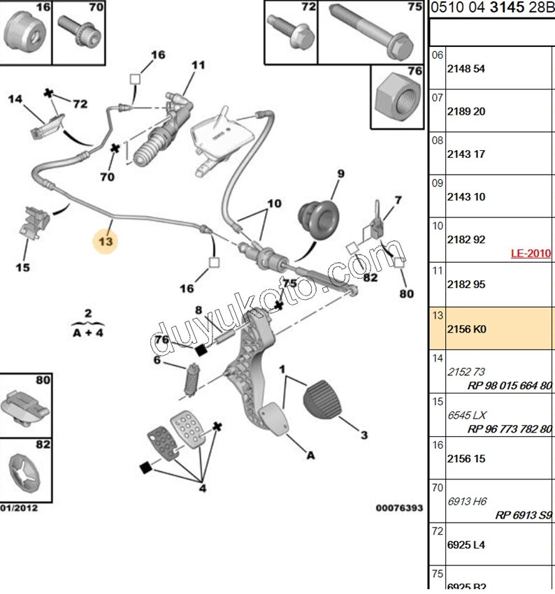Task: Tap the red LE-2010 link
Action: (531, 254)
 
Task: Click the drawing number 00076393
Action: (399, 508)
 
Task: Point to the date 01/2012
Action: (19, 508)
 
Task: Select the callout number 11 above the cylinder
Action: (199, 65)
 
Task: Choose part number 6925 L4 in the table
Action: (467, 544)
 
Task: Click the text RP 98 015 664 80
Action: (510, 386)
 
